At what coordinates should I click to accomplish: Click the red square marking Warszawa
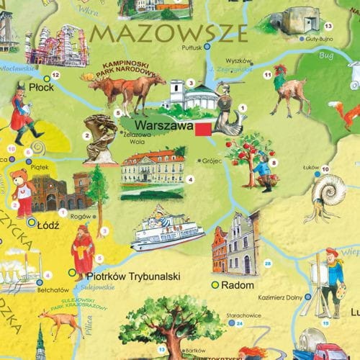[203, 128]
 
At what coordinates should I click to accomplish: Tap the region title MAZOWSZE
[169, 33]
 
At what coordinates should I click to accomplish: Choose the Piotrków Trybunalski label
[132, 275]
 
